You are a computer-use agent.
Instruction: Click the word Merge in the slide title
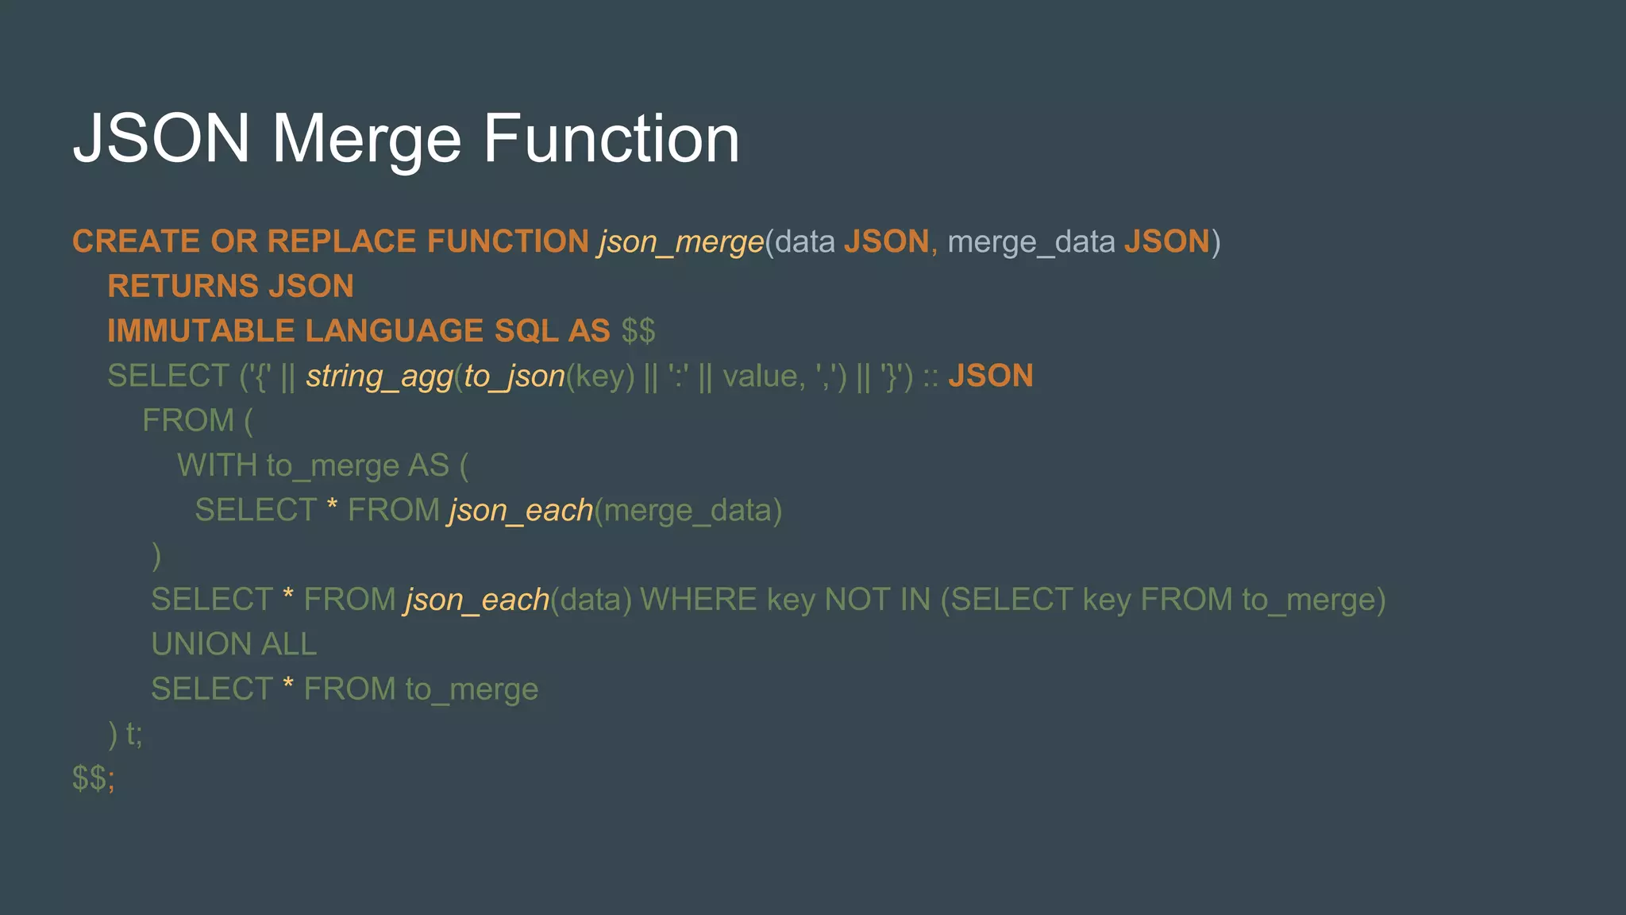[366, 140]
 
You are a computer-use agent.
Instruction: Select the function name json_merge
[681, 241]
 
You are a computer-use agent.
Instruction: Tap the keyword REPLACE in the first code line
[341, 241]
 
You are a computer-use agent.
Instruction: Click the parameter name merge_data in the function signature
[1031, 241]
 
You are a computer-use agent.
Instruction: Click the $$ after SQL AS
[638, 330]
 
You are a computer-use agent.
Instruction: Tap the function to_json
[514, 376]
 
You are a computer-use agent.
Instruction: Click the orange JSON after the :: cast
[990, 376]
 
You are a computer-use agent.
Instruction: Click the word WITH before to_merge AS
[217, 465]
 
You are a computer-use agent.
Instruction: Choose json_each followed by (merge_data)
[521, 510]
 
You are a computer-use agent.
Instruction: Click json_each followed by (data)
[477, 600]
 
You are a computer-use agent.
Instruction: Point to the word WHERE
[698, 600]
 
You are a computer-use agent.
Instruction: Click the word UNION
[201, 644]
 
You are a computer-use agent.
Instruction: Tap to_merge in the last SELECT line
[472, 689]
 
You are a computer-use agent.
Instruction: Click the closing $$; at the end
[93, 778]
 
